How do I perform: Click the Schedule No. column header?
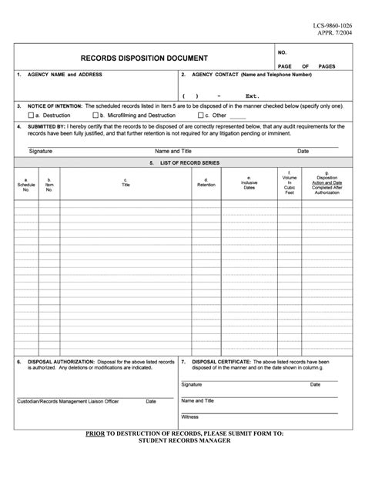[26, 185]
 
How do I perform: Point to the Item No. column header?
[49, 185]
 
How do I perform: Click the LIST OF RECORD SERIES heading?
[182, 164]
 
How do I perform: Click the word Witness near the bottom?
[190, 416]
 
